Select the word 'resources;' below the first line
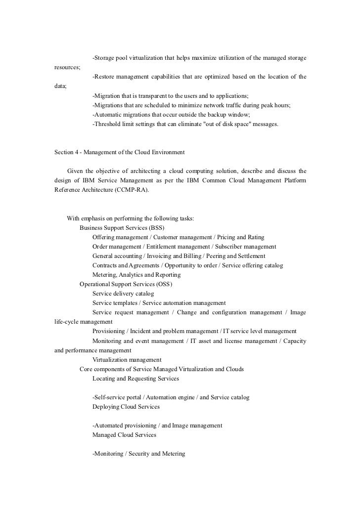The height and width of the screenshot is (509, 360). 68,67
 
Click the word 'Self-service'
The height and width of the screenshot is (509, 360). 109,397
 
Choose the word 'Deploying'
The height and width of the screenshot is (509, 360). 106,407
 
